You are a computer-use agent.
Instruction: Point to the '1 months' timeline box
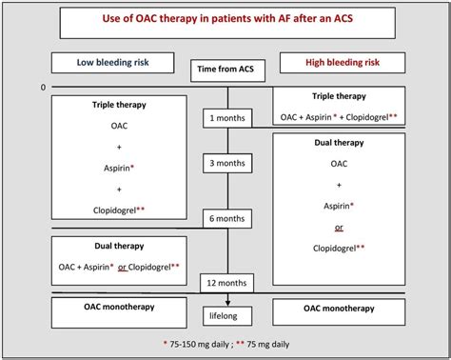[x=226, y=118]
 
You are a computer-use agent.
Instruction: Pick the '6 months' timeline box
[x=226, y=219]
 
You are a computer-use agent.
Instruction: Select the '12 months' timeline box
[x=226, y=283]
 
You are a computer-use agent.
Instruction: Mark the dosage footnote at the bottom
[x=225, y=342]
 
